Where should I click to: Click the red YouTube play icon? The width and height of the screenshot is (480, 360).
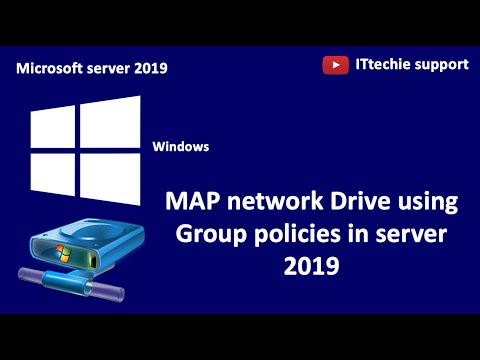(x=335, y=65)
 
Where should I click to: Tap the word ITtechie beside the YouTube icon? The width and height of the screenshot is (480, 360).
(x=382, y=65)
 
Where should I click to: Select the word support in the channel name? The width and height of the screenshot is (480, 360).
(x=440, y=65)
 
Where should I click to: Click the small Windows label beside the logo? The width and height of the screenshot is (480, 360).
(x=181, y=146)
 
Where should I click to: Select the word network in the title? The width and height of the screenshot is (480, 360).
(x=269, y=203)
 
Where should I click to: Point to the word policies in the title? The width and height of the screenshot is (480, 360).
(x=295, y=236)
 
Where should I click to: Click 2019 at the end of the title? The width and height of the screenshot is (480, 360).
(x=312, y=268)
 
